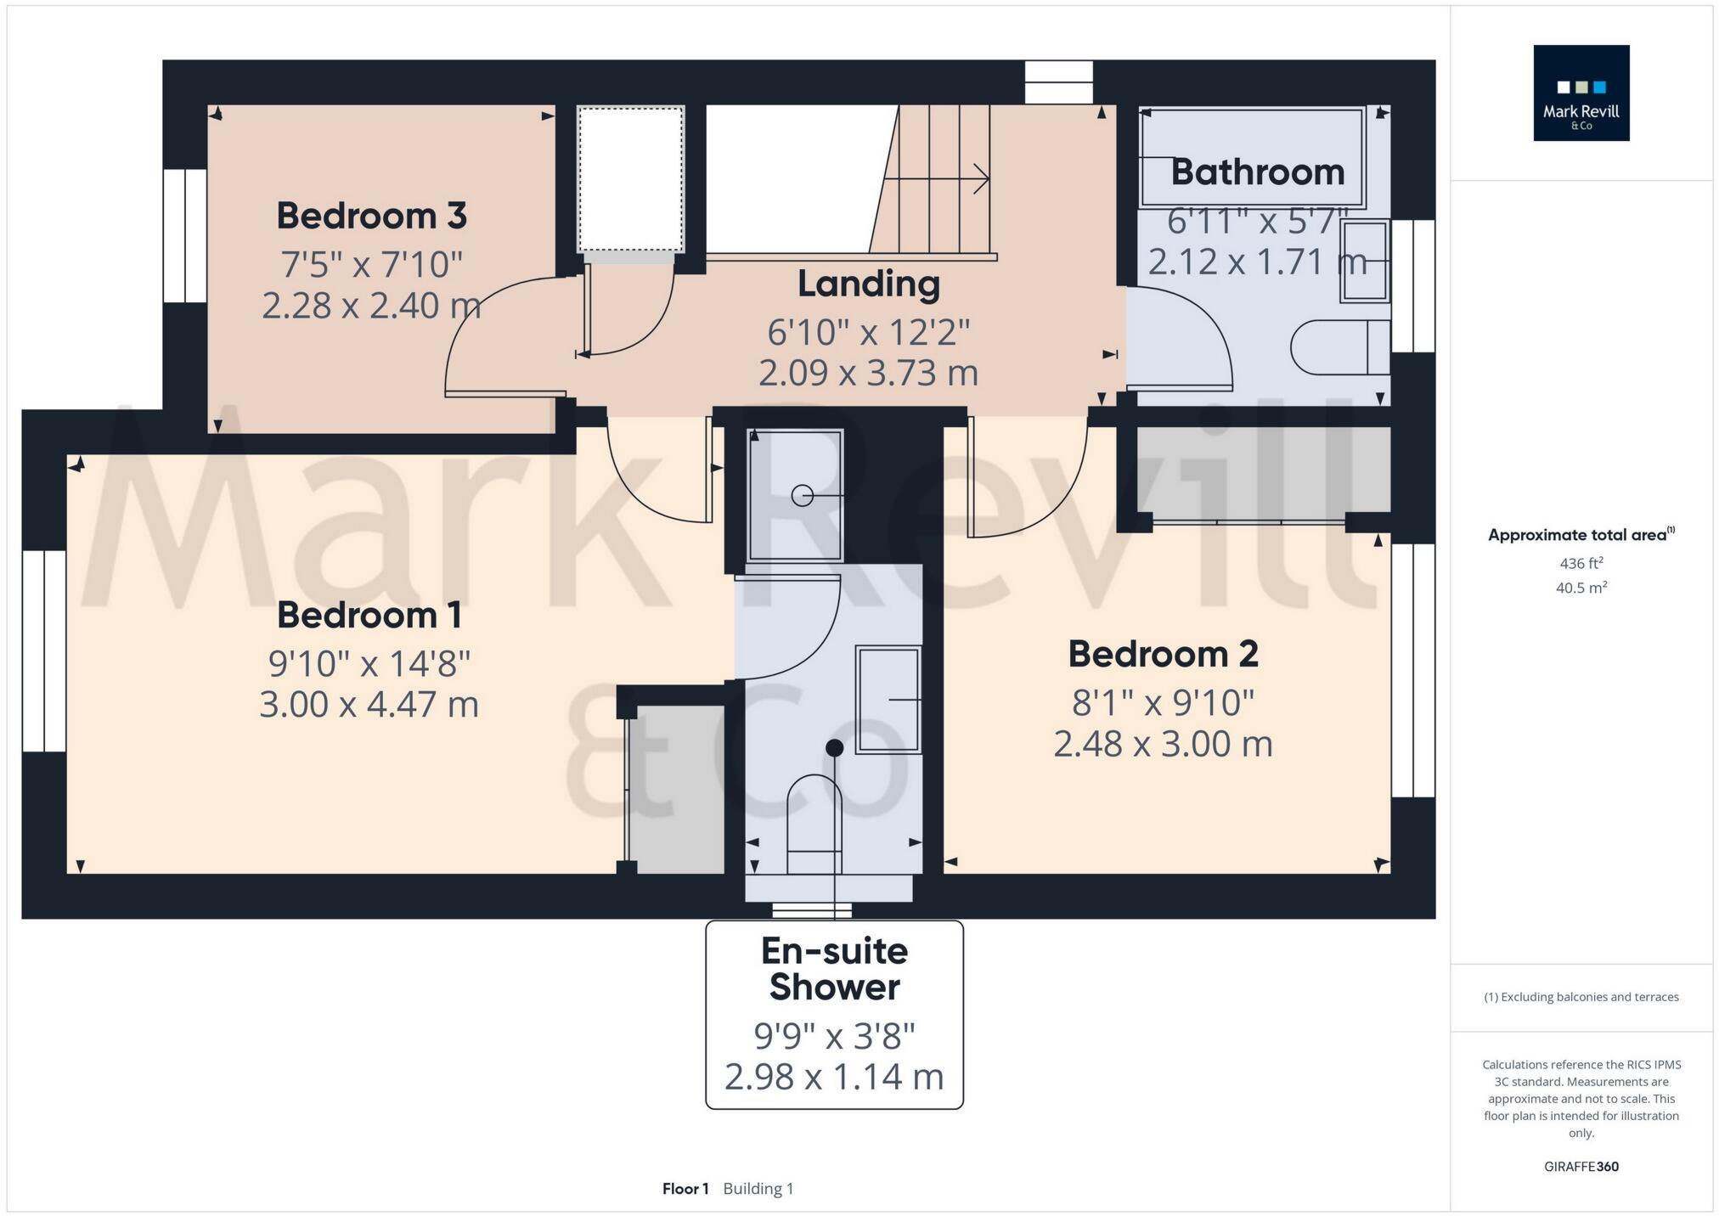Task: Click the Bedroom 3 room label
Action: pos(371,216)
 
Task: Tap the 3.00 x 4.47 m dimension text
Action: pos(369,705)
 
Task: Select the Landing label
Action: pos(868,284)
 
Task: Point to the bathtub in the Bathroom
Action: pos(1252,158)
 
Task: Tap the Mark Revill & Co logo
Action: pos(1581,93)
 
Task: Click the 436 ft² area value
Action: pos(1581,563)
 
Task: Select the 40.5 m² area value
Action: pos(1581,588)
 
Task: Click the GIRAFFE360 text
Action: pos(1581,1167)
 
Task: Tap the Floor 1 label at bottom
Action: pos(685,1189)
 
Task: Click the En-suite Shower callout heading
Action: pos(834,969)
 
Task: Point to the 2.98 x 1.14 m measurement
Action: pos(834,1077)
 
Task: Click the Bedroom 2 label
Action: pos(1163,654)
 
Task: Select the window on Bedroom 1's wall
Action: pos(44,651)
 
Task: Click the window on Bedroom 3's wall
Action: pos(184,235)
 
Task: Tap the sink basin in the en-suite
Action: pos(888,700)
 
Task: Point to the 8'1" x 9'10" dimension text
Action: pos(1163,703)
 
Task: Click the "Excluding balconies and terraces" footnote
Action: pos(1581,997)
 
